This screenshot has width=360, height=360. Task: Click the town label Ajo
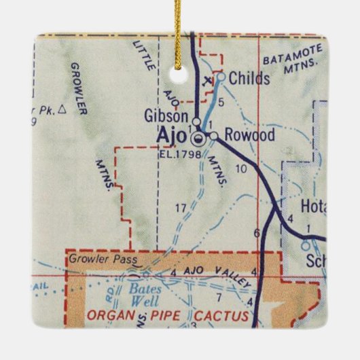(173, 137)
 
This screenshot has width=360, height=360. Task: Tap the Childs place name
(249, 79)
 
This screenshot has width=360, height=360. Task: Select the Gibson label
(166, 116)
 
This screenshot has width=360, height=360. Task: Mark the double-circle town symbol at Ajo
(198, 140)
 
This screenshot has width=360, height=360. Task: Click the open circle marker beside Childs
(220, 77)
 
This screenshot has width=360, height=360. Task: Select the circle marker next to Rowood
(213, 137)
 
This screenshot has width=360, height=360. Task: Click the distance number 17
(180, 206)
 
